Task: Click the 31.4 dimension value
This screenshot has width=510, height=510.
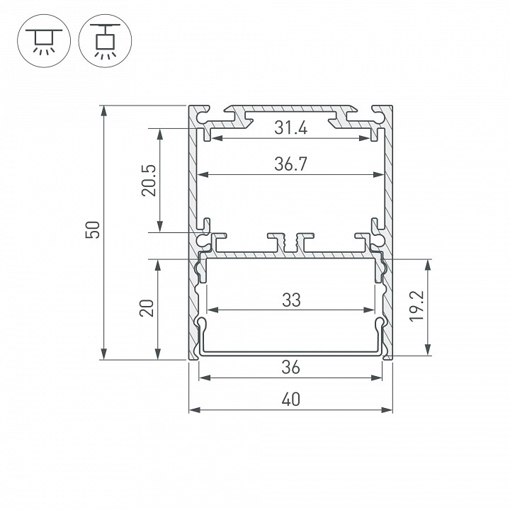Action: [x=290, y=128]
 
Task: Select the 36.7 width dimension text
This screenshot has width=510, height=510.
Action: [x=290, y=164]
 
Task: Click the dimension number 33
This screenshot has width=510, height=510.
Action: [x=290, y=300]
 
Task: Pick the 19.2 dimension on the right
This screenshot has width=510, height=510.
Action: [x=443, y=308]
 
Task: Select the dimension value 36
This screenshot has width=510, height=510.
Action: [x=290, y=368]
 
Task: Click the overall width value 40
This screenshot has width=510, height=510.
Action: [x=290, y=399]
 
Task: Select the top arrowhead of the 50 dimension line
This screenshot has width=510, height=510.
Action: [x=105, y=110]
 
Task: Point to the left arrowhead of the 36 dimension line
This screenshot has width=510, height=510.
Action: [x=203, y=378]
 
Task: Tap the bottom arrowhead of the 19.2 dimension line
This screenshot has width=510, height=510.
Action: [x=428, y=352]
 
